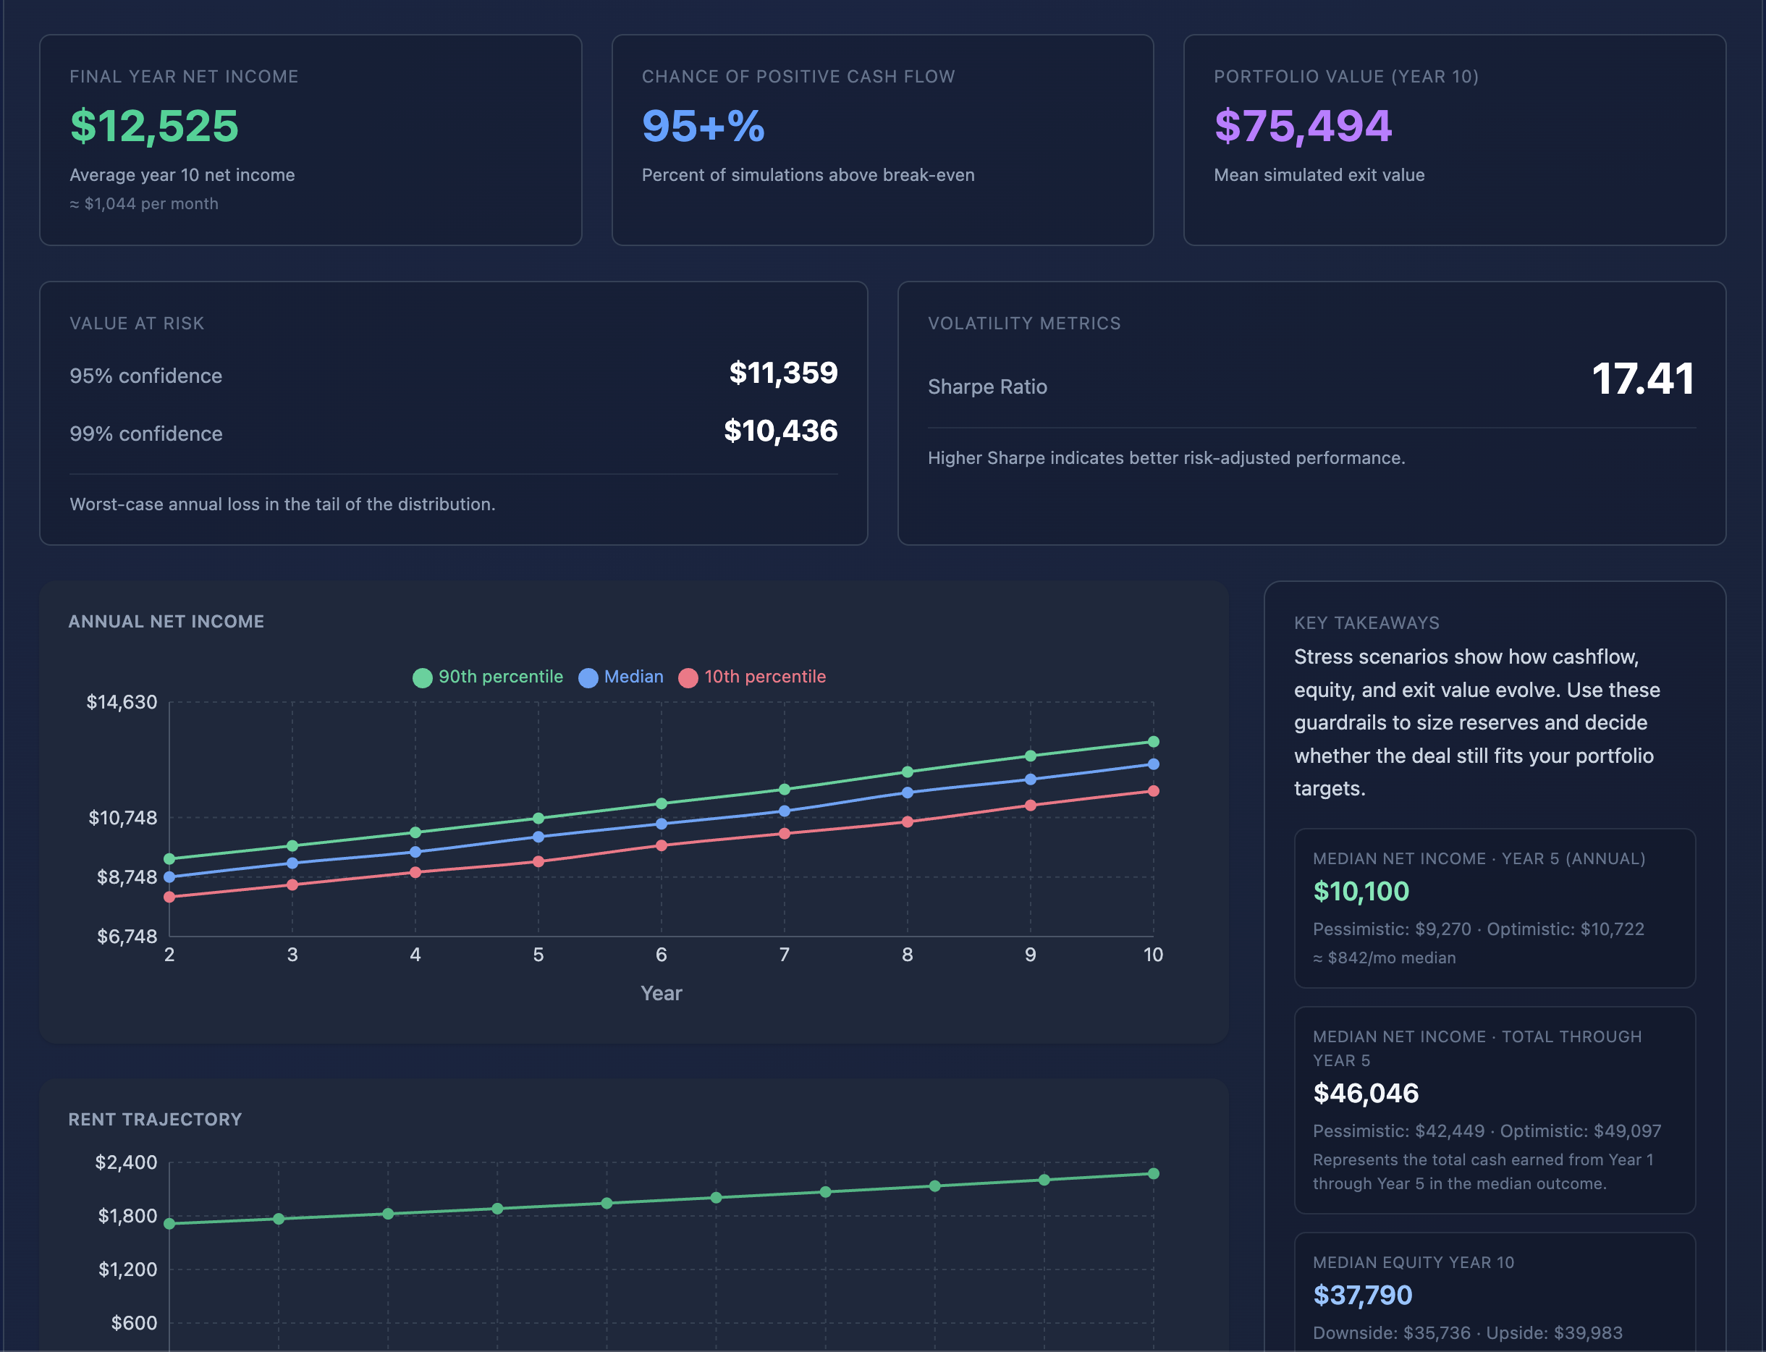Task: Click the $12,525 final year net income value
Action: [x=154, y=127]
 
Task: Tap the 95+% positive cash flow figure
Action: [x=704, y=127]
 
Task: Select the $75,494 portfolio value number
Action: [x=1303, y=127]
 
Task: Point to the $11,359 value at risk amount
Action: [x=783, y=373]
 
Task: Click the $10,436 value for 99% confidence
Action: [x=780, y=431]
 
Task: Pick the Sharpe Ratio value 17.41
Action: [x=1643, y=379]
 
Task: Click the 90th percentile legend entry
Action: [x=489, y=677]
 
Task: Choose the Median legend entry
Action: [x=621, y=677]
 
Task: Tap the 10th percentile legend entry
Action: [x=752, y=677]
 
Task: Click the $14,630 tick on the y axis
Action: [x=122, y=703]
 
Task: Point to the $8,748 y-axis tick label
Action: [x=127, y=877]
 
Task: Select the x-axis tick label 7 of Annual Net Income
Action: [x=785, y=955]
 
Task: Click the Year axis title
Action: [x=662, y=994]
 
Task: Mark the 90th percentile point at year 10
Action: [x=1153, y=742]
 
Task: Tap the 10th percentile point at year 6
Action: [x=662, y=846]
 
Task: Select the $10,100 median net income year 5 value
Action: [x=1361, y=892]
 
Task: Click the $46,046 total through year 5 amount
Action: [x=1365, y=1094]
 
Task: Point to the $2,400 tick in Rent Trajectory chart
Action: [x=127, y=1163]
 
